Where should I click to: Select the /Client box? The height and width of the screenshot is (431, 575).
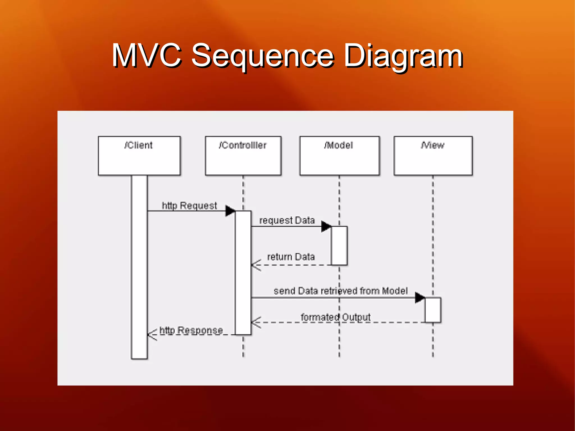pos(139,156)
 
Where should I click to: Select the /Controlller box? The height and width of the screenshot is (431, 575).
pos(243,156)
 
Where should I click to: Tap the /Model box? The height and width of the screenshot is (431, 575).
pos(339,156)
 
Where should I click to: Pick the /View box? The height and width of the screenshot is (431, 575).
pos(433,156)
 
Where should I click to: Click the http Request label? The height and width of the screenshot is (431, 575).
pos(189,206)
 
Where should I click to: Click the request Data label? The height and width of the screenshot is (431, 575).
pos(287,220)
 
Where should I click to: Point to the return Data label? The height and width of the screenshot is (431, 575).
pos(291,257)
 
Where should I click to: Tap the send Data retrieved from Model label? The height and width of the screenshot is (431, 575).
pos(340,291)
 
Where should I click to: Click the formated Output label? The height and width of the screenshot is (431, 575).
pos(336,317)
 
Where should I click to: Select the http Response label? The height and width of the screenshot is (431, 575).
pos(191,330)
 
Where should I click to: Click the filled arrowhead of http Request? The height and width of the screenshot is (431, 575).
pos(230,211)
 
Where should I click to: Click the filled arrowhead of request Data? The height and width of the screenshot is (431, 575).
pos(326,226)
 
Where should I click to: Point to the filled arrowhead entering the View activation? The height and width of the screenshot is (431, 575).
pos(419,298)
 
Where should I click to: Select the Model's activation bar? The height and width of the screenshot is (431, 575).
pos(339,245)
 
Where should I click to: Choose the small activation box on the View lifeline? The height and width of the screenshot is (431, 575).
pos(433,310)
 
